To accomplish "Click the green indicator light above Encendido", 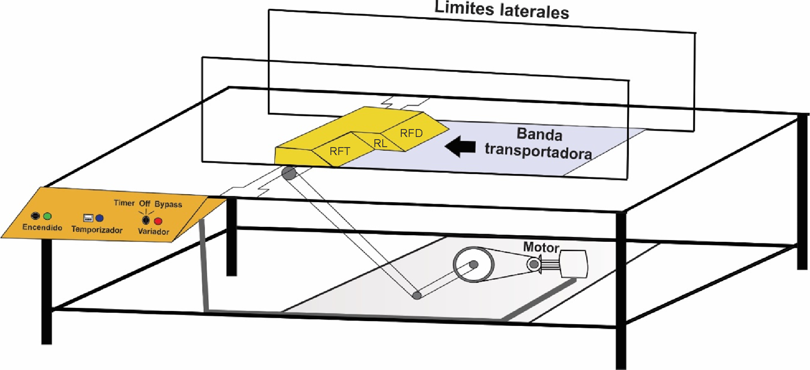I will pyautogui.click(x=48, y=216).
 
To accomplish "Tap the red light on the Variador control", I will pyautogui.click(x=158, y=221).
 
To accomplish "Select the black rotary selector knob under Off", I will pyautogui.click(x=146, y=220).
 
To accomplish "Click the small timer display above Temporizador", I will pyautogui.click(x=88, y=218).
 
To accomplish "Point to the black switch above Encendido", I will pyautogui.click(x=36, y=216).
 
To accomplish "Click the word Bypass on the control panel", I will pyautogui.click(x=168, y=204).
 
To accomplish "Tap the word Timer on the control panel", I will pyautogui.click(x=124, y=203).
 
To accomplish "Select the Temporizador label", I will pyautogui.click(x=97, y=229).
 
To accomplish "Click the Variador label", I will pyautogui.click(x=154, y=231).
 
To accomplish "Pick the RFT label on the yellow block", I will pyautogui.click(x=340, y=151).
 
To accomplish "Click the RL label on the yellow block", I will pyautogui.click(x=380, y=143).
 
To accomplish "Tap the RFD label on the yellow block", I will pyautogui.click(x=411, y=133).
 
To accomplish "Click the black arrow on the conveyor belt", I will pyautogui.click(x=460, y=147).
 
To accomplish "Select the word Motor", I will pyautogui.click(x=541, y=247).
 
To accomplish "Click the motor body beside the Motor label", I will pyautogui.click(x=574, y=264).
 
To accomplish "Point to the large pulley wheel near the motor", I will pyautogui.click(x=473, y=265).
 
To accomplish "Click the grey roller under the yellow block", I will pyautogui.click(x=289, y=173).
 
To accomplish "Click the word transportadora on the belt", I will pyautogui.click(x=538, y=151).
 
